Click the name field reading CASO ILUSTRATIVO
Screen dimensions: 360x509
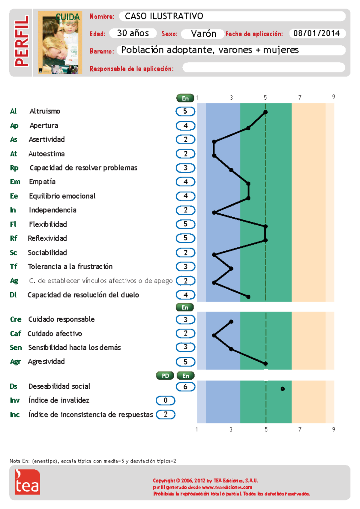click(232, 16)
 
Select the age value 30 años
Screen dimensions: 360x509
click(133, 33)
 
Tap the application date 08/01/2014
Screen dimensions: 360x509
click(317, 33)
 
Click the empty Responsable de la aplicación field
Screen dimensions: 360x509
click(264, 68)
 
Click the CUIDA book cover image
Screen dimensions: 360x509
click(60, 43)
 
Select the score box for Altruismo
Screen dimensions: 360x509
click(185, 111)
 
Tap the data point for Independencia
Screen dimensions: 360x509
click(214, 212)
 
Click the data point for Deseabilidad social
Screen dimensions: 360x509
click(283, 389)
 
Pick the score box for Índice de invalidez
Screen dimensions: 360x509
click(165, 400)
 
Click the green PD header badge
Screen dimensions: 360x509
click(165, 376)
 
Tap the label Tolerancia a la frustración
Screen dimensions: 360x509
click(70, 267)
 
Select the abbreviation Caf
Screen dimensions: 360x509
click(15, 333)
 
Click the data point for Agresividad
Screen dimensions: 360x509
click(265, 363)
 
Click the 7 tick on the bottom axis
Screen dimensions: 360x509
click(300, 429)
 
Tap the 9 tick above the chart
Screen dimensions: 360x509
click(333, 97)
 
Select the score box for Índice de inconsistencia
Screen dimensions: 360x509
click(165, 414)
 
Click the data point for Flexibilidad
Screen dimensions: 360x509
click(265, 227)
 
